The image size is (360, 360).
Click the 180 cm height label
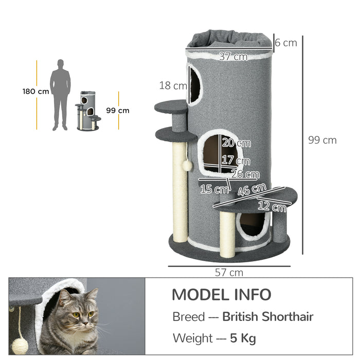pyautogui.click(x=35, y=92)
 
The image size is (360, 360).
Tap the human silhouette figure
pyautogui.click(x=60, y=95)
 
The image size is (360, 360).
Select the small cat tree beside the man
pyautogui.click(x=88, y=111)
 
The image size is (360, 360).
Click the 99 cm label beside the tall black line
pyautogui.click(x=322, y=140)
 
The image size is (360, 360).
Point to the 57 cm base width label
pyautogui.click(x=229, y=273)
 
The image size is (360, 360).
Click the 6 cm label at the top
pyautogui.click(x=285, y=43)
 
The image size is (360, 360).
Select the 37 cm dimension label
pyautogui.click(x=233, y=57)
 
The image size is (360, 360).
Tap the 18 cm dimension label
pyautogui.click(x=173, y=85)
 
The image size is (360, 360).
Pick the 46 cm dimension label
pyautogui.click(x=251, y=190)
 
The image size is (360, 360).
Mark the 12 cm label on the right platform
pyautogui.click(x=272, y=207)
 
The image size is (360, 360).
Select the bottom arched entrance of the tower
pyautogui.click(x=253, y=225)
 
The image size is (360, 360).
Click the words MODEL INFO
pyautogui.click(x=221, y=295)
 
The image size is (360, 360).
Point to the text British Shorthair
pyautogui.click(x=267, y=317)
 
